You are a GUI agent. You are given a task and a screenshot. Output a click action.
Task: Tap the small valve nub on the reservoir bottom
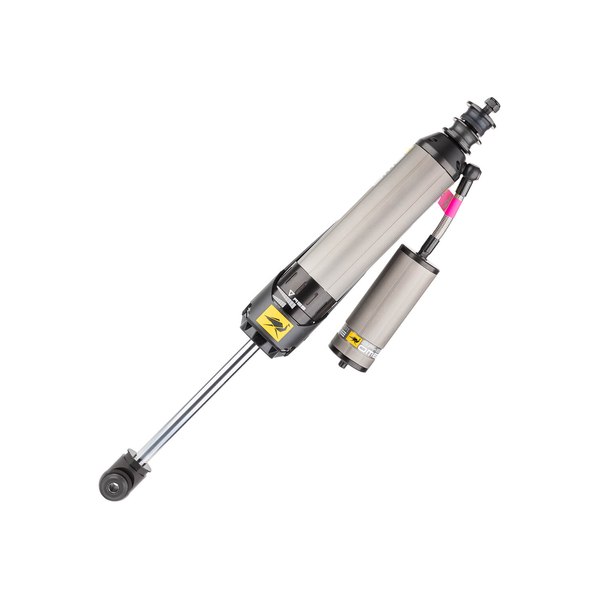pyautogui.click(x=342, y=363)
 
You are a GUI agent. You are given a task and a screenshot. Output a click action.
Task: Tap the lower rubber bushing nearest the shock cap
pyautogui.click(x=461, y=138)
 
